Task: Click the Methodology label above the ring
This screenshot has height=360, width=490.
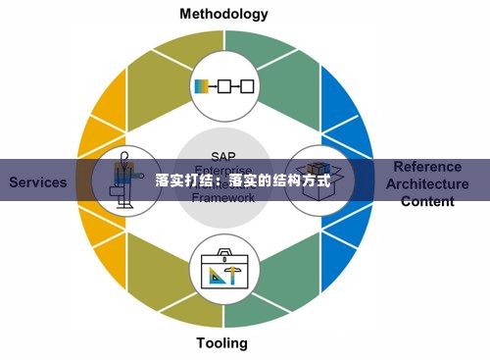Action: click(x=223, y=14)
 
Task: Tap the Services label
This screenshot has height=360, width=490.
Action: click(x=38, y=182)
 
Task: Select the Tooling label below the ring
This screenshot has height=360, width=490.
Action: click(x=221, y=343)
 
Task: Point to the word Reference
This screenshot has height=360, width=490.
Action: click(x=427, y=167)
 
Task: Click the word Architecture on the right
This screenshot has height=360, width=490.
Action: click(x=427, y=183)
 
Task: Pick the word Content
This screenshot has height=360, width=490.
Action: click(x=427, y=201)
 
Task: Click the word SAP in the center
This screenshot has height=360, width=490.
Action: click(x=223, y=155)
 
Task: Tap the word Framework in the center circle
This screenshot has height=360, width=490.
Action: click(x=223, y=197)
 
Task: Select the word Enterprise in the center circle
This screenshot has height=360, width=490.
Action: click(x=223, y=169)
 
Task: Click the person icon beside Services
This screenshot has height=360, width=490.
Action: click(x=123, y=181)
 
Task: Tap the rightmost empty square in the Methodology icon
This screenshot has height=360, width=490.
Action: click(x=246, y=86)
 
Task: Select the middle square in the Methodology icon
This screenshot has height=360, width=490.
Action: click(x=224, y=86)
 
